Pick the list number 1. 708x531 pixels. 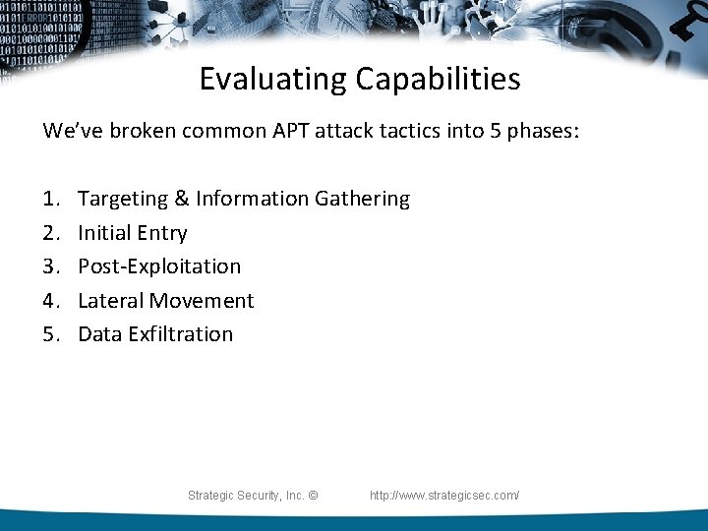coord(50,199)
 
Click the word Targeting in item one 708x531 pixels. coord(123,199)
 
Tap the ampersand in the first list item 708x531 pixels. coord(182,199)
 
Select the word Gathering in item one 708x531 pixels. coord(362,199)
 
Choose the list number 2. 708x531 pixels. coord(50,233)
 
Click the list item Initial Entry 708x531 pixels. coord(132,233)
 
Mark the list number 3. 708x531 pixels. coord(50,266)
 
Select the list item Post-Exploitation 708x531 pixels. coord(158,266)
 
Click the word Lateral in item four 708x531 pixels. coord(107,301)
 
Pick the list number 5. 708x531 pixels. coord(50,334)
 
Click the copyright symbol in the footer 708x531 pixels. coord(313,496)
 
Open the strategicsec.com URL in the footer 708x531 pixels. coord(444,496)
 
